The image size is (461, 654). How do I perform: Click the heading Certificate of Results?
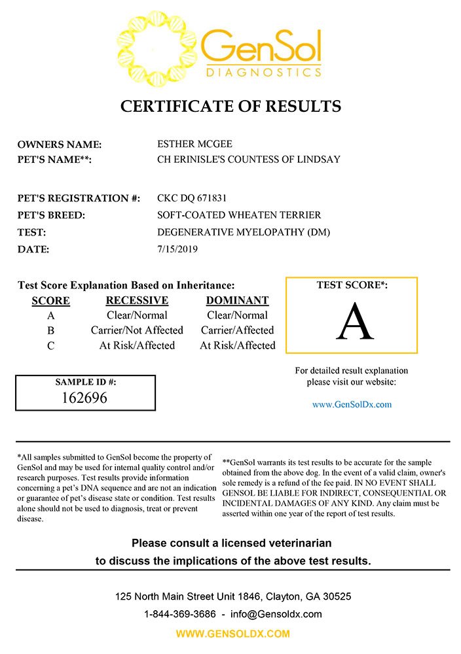230,106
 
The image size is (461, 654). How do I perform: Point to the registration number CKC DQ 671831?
193,198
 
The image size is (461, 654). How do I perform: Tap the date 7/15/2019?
177,249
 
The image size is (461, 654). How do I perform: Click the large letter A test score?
354,322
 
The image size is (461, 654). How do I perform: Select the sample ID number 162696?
86,397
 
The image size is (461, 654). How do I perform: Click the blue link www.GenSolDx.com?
352,404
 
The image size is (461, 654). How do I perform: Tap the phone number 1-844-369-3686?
179,614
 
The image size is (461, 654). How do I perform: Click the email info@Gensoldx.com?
275,614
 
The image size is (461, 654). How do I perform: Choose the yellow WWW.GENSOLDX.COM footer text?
232,634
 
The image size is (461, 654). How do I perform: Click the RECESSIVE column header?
137,301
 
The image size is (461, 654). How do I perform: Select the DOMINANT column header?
237,301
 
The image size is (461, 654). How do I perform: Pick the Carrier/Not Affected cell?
137,330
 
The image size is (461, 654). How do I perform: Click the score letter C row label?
50,346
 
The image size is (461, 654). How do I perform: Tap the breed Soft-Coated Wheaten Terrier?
239,215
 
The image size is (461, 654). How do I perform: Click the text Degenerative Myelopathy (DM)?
244,232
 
